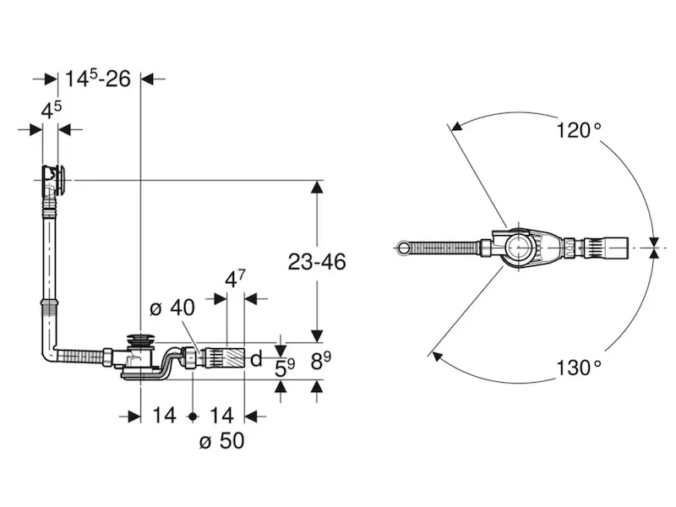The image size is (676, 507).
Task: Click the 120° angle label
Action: click(579, 130)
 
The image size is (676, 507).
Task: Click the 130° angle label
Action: click(579, 368)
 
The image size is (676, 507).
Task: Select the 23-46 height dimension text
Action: click(317, 262)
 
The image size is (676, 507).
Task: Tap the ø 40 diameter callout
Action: click(172, 308)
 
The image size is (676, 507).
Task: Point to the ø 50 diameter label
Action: click(221, 441)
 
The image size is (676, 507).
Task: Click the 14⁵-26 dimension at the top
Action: click(98, 79)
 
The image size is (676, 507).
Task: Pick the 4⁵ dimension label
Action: click(52, 111)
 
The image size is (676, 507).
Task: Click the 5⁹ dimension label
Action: click(285, 368)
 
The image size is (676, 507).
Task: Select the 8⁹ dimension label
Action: click(321, 362)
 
